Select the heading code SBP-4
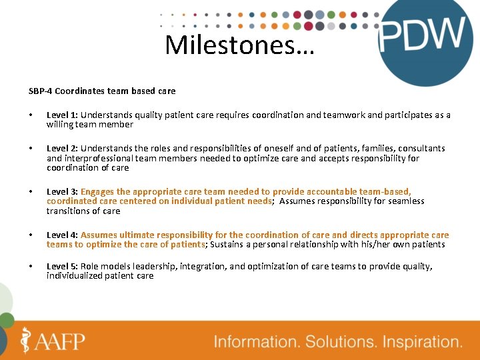[x=41, y=90]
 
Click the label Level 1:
[x=62, y=115]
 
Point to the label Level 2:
[x=62, y=148]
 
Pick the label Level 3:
[x=62, y=191]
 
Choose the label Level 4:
[x=62, y=235]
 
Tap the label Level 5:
[x=62, y=266]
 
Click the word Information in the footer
[x=256, y=342]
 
